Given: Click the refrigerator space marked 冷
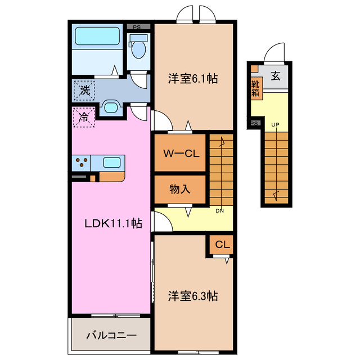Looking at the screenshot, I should click(83, 118).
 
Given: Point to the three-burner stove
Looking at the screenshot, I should click(80, 163).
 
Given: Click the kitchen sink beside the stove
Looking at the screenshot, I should click(111, 163).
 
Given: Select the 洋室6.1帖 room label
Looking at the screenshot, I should click(192, 79).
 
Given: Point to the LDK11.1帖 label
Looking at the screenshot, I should click(112, 223).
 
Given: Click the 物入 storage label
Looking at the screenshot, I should click(179, 190).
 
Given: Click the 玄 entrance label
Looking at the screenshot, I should click(276, 77).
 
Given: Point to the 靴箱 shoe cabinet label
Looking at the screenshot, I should click(256, 88).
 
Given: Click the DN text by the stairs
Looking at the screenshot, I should click(221, 211).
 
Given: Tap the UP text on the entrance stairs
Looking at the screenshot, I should click(276, 124).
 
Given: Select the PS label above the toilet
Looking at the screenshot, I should click(137, 26).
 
